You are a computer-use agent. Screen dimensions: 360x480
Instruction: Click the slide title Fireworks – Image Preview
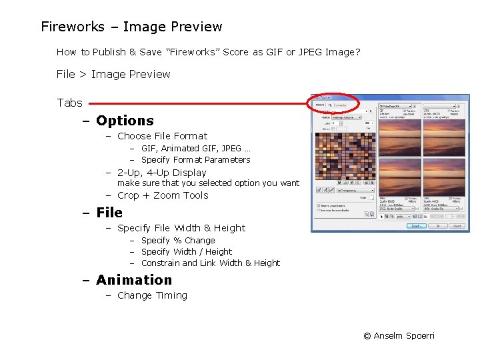(131, 27)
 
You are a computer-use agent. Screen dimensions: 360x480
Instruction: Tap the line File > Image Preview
(113, 74)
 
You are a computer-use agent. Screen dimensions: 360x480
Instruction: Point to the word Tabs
(69, 103)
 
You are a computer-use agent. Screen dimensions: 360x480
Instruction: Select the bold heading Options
(125, 121)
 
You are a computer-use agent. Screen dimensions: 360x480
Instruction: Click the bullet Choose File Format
(162, 136)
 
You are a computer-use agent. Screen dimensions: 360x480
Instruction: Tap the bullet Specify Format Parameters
(195, 160)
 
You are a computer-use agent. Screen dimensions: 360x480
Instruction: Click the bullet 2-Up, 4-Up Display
(162, 173)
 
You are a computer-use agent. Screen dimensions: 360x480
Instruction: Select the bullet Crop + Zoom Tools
(163, 195)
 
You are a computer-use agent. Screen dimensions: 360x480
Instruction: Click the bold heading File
(109, 213)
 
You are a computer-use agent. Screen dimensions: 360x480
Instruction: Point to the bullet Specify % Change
(178, 241)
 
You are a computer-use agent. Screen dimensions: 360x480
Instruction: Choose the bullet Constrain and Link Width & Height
(211, 263)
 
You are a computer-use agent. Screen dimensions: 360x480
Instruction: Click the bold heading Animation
(134, 280)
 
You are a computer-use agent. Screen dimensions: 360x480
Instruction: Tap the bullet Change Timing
(152, 295)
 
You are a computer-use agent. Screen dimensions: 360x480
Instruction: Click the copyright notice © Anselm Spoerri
(399, 335)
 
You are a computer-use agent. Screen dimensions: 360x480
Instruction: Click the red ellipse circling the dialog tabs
(333, 103)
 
